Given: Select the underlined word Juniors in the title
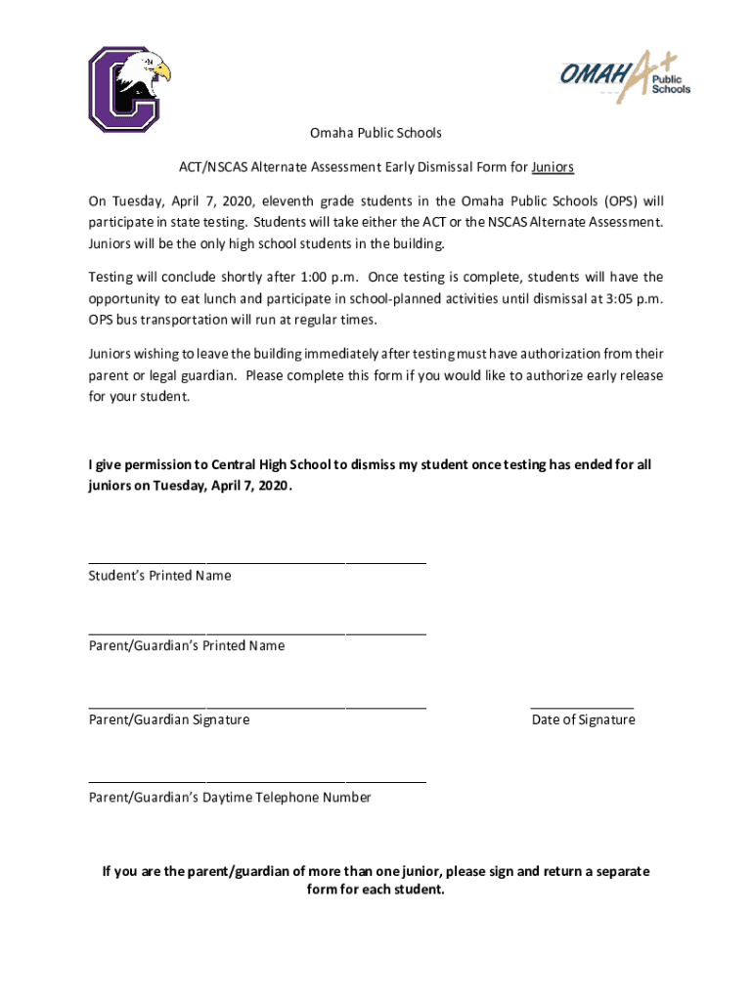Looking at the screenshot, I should click(553, 167).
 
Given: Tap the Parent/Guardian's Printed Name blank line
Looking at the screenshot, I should click(257, 633).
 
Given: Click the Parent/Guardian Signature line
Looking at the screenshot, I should click(257, 706).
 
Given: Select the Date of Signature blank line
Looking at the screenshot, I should click(582, 706).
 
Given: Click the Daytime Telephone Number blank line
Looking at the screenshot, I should click(257, 782).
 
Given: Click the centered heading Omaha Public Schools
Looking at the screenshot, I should click(376, 132).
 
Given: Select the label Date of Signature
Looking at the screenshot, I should click(583, 720).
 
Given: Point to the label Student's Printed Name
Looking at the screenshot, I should click(160, 576).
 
